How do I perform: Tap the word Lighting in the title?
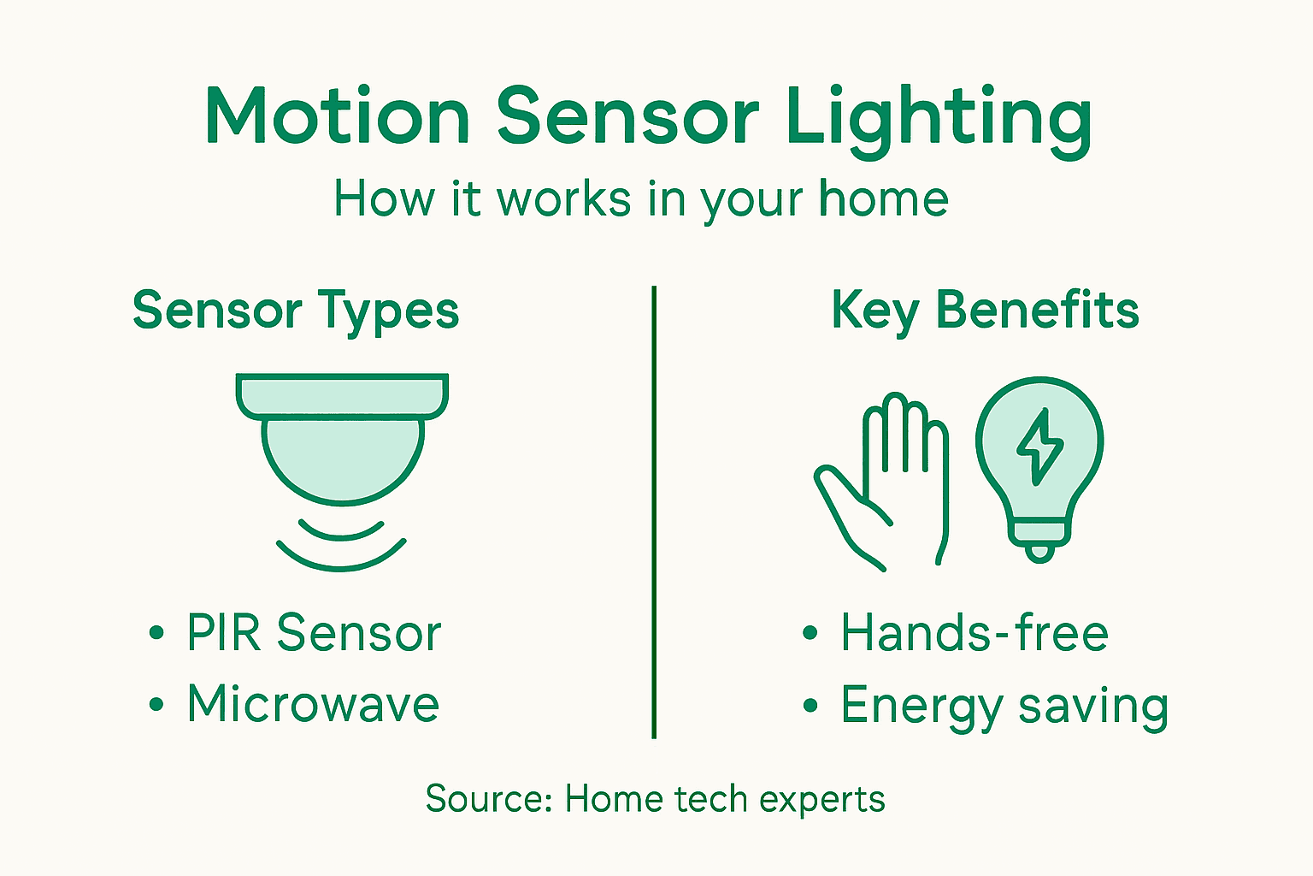[x=938, y=117]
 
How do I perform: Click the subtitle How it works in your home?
[x=640, y=199]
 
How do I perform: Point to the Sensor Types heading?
[x=296, y=311]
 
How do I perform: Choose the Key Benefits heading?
[x=985, y=310]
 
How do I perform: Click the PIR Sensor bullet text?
[x=314, y=633]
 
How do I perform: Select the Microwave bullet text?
[x=313, y=704]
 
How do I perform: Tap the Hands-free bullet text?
[x=974, y=633]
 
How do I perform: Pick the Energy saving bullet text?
[x=1004, y=706]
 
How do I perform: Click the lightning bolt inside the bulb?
[x=1039, y=446]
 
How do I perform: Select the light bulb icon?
[x=1039, y=462]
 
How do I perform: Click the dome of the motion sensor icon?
[x=342, y=458]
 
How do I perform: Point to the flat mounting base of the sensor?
[x=342, y=394]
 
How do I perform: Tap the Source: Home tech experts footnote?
[x=655, y=799]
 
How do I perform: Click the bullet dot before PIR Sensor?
[x=156, y=633]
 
